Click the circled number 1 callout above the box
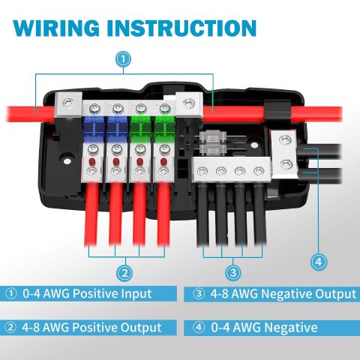coord(123,59)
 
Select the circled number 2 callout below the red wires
coord(124,273)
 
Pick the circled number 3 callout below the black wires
coord(233,272)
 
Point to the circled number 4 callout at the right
coord(319,262)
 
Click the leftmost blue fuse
coord(93,127)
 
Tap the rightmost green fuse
coord(163,127)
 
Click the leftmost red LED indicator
coord(92,161)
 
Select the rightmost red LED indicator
coord(163,161)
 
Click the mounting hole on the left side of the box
coord(67,161)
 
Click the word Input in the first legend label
coord(136,293)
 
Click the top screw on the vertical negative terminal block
coord(285,140)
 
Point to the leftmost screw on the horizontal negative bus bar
coord(202,171)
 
